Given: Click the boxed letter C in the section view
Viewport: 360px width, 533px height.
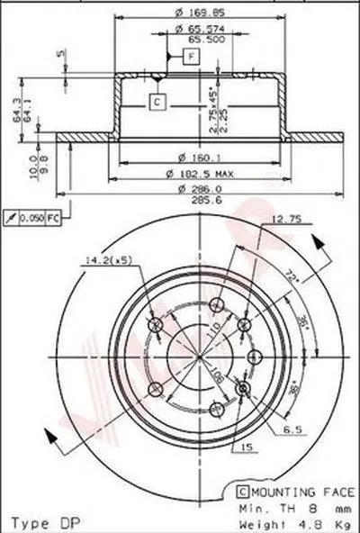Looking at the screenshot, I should (156, 102).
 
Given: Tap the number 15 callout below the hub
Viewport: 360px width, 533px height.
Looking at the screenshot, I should (246, 447).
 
